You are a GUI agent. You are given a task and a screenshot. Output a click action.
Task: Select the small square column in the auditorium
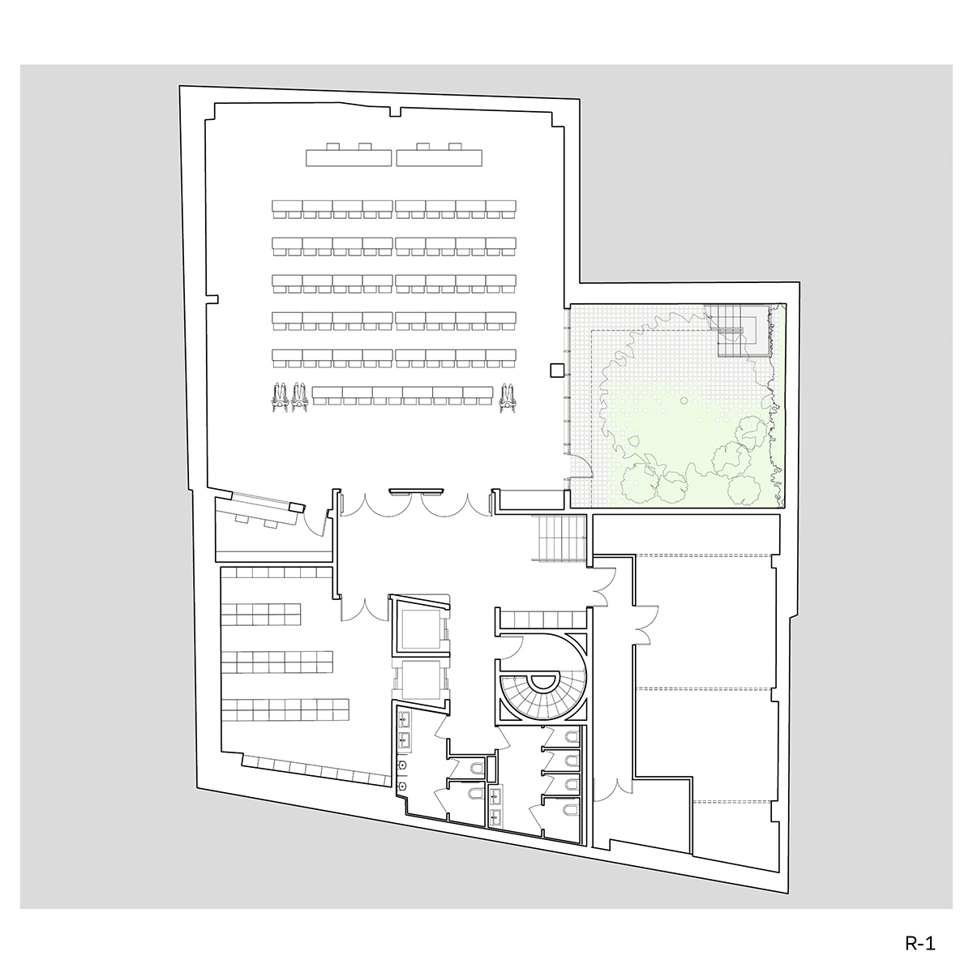tap(556, 371)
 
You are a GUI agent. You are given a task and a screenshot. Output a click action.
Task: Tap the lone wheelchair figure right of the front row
tap(507, 398)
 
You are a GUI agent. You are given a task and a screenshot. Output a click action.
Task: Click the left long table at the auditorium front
tap(349, 155)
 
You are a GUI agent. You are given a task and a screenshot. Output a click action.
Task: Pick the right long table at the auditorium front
tap(439, 155)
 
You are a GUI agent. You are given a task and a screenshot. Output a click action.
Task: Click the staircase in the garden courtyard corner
tap(737, 331)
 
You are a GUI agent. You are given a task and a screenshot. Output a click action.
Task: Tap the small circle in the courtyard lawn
tap(684, 401)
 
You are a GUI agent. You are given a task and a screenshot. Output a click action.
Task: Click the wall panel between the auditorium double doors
tap(416, 490)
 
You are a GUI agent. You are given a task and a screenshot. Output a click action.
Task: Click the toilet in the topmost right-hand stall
tap(572, 737)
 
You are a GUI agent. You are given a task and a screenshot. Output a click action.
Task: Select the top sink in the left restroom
tap(405, 718)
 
